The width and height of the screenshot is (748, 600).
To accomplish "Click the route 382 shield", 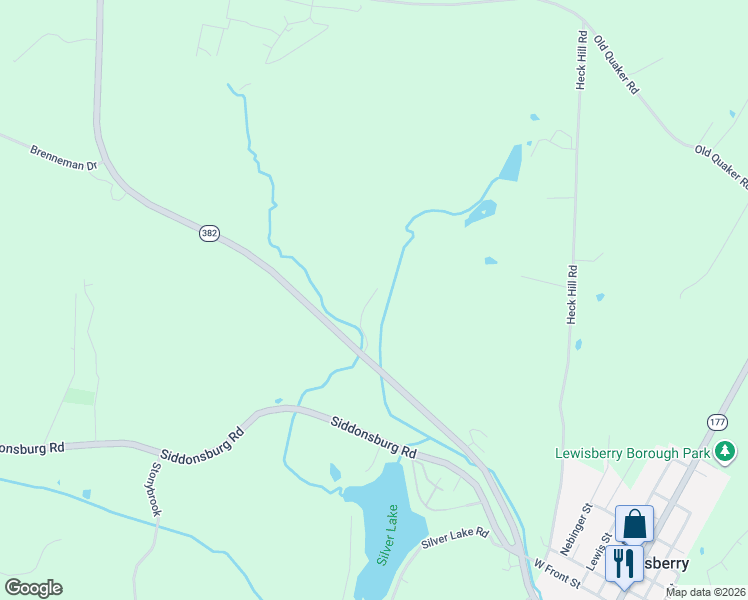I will tap(208, 232).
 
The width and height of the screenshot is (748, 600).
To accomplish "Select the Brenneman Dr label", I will tap(62, 157).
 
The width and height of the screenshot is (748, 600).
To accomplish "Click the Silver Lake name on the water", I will tap(387, 536).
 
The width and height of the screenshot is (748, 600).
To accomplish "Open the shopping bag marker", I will tap(634, 524).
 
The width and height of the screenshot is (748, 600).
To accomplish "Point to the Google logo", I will tap(33, 588).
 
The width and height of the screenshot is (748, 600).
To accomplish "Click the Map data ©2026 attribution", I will tap(706, 592).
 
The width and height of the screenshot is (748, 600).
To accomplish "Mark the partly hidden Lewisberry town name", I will tap(664, 564).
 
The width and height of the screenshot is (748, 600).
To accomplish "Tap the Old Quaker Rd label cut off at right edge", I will tap(722, 166).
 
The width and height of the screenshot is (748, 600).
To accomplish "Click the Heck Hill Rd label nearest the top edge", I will tap(580, 60).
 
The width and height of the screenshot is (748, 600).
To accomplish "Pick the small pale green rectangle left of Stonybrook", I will tap(80, 396).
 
